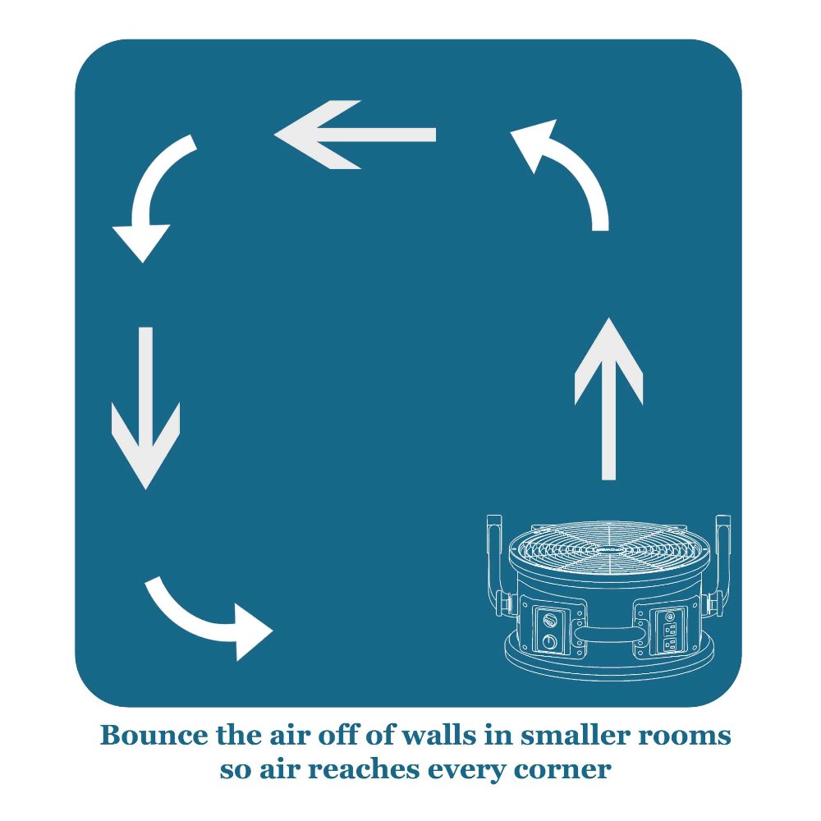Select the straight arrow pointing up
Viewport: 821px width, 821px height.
[x=608, y=398]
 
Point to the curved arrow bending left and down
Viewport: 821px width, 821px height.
[x=154, y=197]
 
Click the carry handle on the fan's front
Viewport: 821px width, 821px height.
[x=608, y=635]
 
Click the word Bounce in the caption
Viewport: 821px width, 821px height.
[x=144, y=735]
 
